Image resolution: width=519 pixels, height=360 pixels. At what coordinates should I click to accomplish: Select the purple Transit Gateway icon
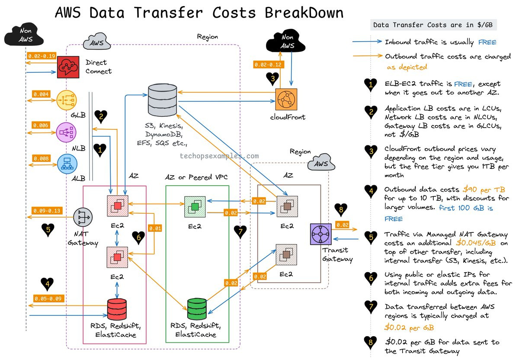[321, 234]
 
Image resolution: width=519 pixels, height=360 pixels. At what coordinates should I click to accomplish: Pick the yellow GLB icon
[66, 100]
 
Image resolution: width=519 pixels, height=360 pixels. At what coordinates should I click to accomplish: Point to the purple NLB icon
[66, 132]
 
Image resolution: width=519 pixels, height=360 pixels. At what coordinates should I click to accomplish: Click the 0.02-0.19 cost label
[42, 56]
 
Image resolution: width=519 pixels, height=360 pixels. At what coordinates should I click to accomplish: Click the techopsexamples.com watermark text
[219, 156]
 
